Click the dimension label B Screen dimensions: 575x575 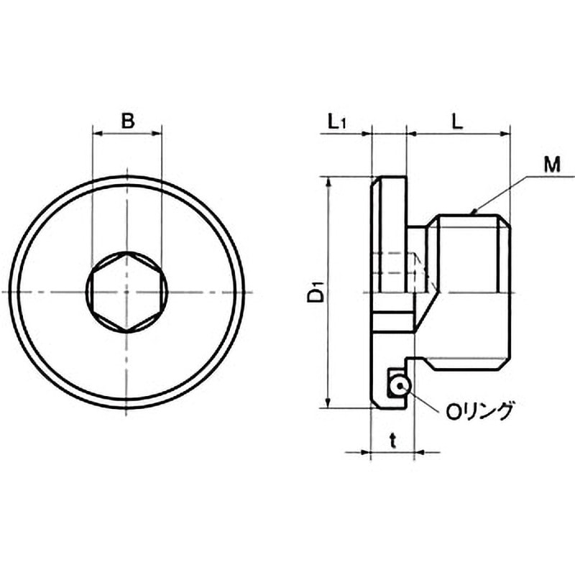pos(128,121)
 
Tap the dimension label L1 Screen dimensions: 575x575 pos(336,121)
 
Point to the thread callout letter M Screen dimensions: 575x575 pos(552,165)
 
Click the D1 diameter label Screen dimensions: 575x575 pos(316,292)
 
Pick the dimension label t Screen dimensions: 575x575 pos(392,441)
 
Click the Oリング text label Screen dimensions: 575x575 pos(479,411)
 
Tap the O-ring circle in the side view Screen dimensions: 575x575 pos(400,385)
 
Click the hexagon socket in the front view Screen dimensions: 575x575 pos(126,292)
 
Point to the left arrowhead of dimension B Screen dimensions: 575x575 pos(97,134)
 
